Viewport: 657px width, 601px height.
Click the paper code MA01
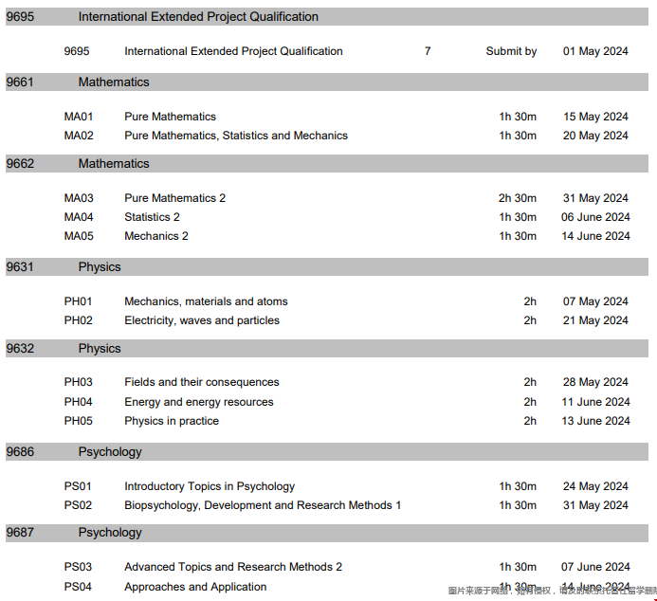tap(79, 117)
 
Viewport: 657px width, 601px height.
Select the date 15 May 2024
tap(595, 117)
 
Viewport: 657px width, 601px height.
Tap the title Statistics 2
tap(152, 217)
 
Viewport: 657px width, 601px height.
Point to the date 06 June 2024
tap(595, 217)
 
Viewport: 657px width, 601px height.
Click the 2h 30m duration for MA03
tap(518, 198)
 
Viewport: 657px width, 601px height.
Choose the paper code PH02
tap(79, 320)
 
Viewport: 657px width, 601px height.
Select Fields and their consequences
tap(202, 382)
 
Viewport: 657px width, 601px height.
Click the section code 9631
tap(20, 267)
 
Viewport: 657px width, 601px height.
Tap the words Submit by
tap(511, 51)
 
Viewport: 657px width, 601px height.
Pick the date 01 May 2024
tap(595, 51)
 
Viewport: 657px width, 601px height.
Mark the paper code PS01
tap(79, 486)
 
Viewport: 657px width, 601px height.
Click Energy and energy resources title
tap(199, 402)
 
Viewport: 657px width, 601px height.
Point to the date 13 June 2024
tap(595, 421)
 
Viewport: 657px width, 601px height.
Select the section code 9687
tap(20, 533)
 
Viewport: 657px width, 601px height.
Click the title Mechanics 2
tap(156, 236)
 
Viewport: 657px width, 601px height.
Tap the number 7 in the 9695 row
tap(428, 51)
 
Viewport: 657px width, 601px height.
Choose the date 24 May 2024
tap(595, 486)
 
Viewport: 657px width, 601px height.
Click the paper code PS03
tap(79, 567)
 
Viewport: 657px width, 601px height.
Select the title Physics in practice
tap(172, 421)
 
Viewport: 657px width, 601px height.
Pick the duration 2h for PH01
tap(530, 301)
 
